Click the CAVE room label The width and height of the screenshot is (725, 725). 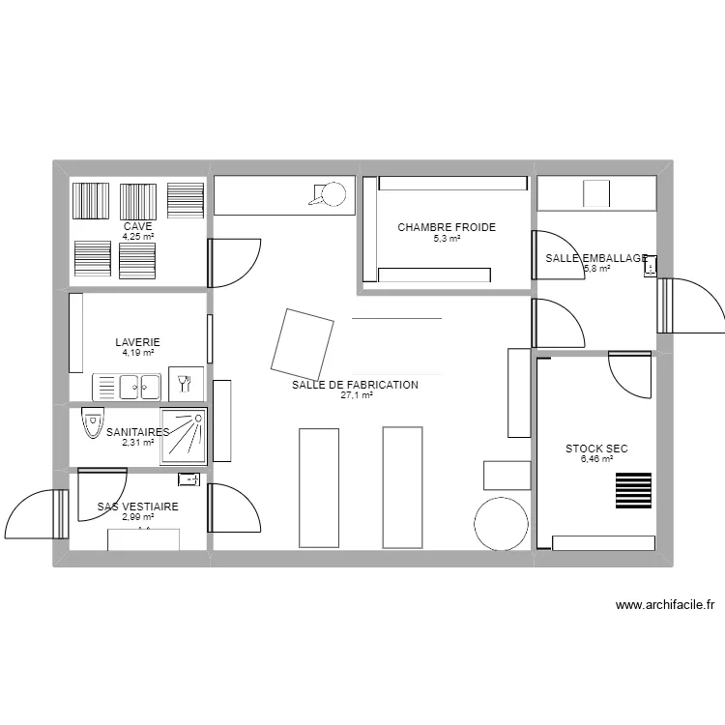[x=138, y=226]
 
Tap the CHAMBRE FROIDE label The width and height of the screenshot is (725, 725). [x=447, y=227]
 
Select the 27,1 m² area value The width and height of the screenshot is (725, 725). [x=357, y=395]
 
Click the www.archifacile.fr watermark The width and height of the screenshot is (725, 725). [x=665, y=605]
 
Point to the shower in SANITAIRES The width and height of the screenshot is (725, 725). [x=184, y=436]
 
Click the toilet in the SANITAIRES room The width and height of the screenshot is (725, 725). [x=93, y=422]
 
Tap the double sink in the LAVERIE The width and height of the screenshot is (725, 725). [x=127, y=387]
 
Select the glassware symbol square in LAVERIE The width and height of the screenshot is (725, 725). [x=186, y=384]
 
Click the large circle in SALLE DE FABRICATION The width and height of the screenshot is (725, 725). [x=501, y=524]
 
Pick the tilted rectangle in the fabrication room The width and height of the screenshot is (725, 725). [x=302, y=344]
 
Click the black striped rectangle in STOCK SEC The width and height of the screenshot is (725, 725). [x=633, y=490]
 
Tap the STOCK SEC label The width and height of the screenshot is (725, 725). [x=596, y=449]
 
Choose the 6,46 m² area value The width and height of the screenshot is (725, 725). [x=597, y=458]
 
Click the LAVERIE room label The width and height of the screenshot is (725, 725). [x=138, y=342]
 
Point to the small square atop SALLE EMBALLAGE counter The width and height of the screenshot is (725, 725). [x=596, y=193]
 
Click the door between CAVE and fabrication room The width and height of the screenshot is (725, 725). [x=235, y=263]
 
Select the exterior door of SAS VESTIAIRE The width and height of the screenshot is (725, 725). [x=37, y=514]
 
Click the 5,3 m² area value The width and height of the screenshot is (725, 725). [x=447, y=239]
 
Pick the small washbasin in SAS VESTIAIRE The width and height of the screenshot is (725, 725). [x=189, y=479]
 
